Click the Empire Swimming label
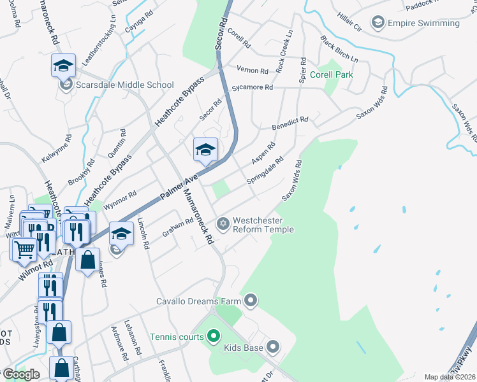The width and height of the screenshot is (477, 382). [423, 24]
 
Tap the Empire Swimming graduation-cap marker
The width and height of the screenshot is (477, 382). [378, 24]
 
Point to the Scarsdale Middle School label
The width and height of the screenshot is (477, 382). [124, 85]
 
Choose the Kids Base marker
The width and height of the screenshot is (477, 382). [273, 347]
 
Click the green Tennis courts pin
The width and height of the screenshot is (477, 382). [213, 336]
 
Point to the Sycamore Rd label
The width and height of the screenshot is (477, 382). [253, 87]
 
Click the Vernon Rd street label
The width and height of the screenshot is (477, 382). [251, 70]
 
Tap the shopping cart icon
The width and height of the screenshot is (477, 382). [24, 250]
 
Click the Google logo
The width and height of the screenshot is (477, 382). [21, 374]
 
